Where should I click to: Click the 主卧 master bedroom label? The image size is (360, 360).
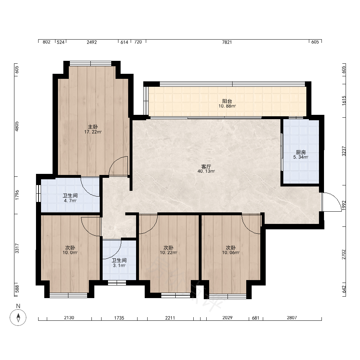(93, 127)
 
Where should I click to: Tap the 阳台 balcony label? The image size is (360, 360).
(227, 101)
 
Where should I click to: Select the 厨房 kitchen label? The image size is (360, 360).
(301, 152)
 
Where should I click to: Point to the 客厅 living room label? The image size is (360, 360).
(206, 166)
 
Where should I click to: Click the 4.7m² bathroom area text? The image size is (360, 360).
(70, 201)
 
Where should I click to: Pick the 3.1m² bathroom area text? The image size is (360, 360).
(119, 265)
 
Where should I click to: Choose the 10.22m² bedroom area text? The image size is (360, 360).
(168, 253)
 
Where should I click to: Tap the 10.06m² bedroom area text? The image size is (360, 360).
(231, 253)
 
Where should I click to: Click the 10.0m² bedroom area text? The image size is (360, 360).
(70, 253)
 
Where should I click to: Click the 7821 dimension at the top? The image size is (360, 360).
(227, 42)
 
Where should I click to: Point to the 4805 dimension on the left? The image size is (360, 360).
(17, 126)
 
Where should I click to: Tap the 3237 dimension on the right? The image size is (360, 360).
(344, 151)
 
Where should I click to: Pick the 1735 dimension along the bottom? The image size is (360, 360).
(119, 318)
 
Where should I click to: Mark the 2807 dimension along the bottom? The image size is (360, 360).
(292, 318)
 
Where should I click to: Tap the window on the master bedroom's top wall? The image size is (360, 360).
(90, 64)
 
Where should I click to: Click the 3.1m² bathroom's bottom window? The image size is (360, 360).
(117, 283)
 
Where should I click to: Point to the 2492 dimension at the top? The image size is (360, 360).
(91, 42)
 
